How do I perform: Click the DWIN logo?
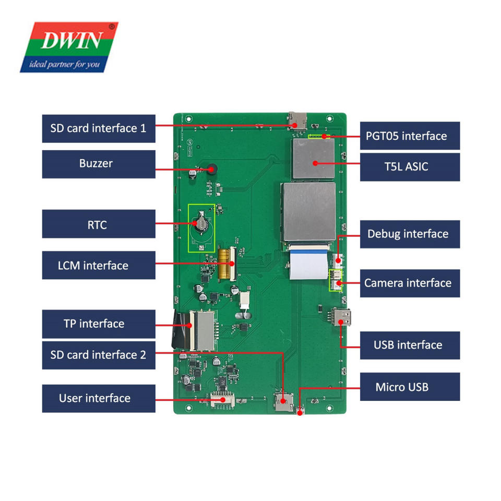[x=69, y=47]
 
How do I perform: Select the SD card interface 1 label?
[x=99, y=128]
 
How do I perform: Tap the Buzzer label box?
[x=99, y=164]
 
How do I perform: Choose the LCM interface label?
[x=99, y=265]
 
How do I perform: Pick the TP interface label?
[x=99, y=324]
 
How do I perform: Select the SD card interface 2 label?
[x=99, y=355]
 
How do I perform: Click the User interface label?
[x=99, y=398]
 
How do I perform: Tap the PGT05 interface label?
[x=410, y=136]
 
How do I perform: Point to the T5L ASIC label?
[x=410, y=167]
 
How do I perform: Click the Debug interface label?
[x=410, y=234]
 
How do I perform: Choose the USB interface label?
[x=410, y=345]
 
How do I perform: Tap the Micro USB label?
[x=410, y=387]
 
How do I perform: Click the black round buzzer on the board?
[x=212, y=169]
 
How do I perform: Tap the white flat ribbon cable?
[x=308, y=263]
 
